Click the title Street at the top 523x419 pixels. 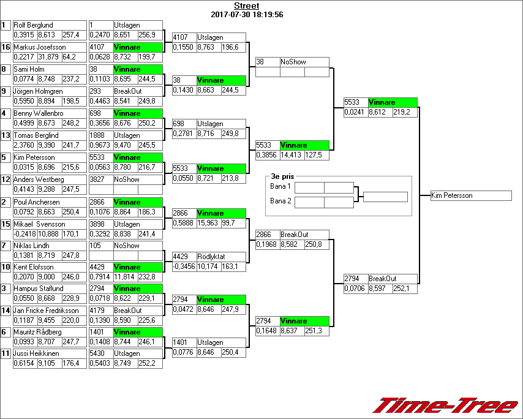(246, 6)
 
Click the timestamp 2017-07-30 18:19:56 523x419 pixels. (246, 14)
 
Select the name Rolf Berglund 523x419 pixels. (34, 25)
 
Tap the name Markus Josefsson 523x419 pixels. (36, 47)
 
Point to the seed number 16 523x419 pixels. (6, 47)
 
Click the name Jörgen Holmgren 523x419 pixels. (37, 91)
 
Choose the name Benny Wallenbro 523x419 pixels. (37, 113)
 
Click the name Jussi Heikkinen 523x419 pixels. (36, 353)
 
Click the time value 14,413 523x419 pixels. (292, 156)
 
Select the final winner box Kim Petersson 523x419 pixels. (470, 196)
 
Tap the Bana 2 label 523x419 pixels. (280, 200)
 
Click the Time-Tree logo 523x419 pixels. (445, 406)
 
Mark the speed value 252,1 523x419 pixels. (405, 289)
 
